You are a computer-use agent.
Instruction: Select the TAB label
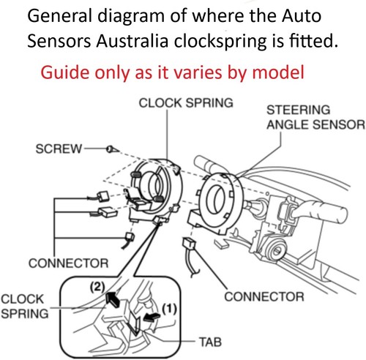pyautogui.click(x=213, y=341)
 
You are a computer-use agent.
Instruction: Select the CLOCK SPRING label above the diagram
pyautogui.click(x=186, y=104)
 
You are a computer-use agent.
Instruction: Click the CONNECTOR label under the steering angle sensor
pyautogui.click(x=264, y=297)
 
